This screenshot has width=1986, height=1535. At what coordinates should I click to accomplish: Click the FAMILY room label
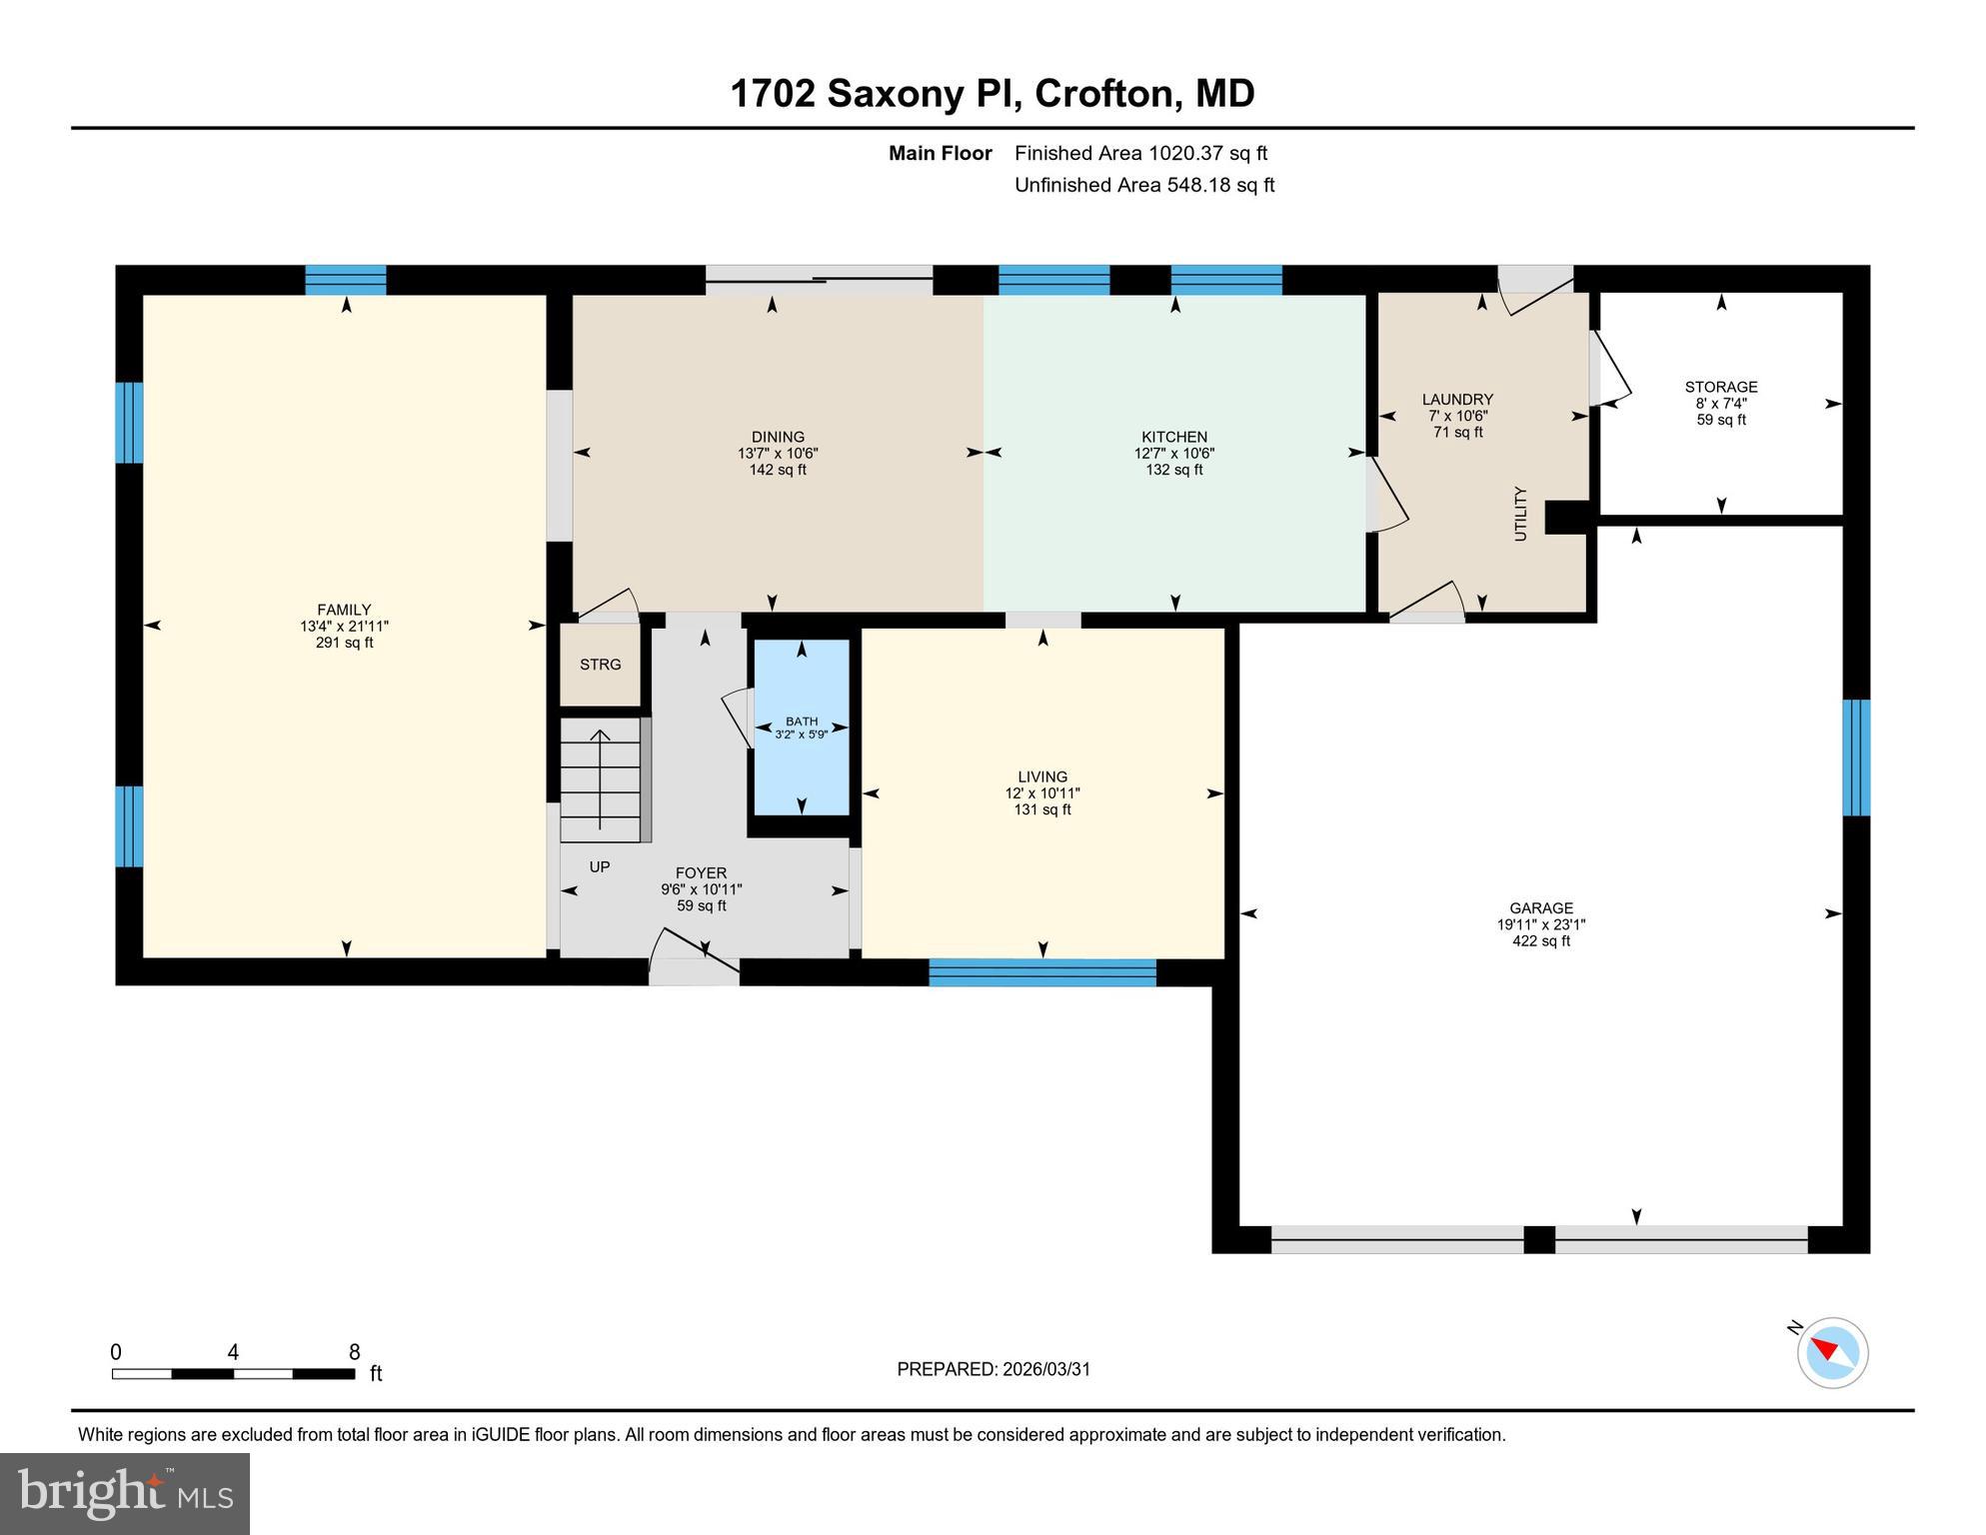344,610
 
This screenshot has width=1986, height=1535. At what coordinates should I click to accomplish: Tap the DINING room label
778,437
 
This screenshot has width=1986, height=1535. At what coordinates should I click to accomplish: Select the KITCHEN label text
1174,437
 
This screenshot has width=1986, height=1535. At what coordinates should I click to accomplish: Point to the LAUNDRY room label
1457,400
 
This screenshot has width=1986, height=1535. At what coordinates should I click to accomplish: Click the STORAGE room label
1720,387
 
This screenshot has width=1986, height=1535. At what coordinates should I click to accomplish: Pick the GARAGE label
1540,908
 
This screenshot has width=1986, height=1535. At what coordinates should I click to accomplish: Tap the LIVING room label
1042,776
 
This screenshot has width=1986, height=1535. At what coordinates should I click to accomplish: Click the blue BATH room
801,728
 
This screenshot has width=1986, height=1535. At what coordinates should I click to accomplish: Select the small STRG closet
600,665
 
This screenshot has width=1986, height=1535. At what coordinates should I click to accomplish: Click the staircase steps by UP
600,779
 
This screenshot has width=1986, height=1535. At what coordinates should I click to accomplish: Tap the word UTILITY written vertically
1520,514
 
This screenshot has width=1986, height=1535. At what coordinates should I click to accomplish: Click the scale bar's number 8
354,1352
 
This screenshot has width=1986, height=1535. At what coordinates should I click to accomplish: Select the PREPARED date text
993,1369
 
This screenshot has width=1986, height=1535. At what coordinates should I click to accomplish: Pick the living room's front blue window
1042,972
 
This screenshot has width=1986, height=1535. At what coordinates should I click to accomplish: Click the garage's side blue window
1856,758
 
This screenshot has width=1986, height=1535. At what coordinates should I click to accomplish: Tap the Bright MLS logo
125,1493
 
